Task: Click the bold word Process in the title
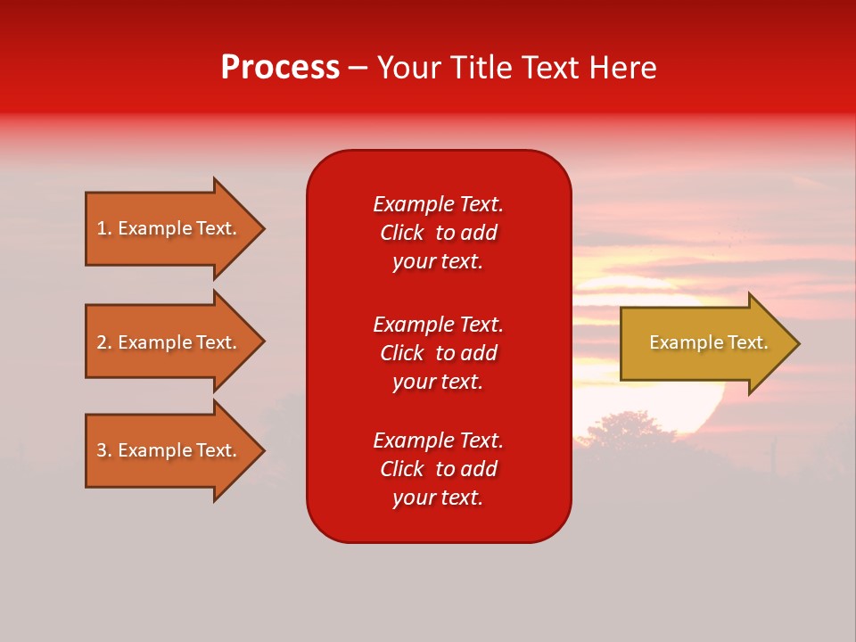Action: point(280,68)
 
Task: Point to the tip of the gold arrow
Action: point(795,343)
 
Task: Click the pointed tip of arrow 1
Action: point(261,228)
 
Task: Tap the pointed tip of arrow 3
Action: point(261,450)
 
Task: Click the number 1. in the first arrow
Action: point(104,228)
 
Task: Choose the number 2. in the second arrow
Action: point(104,342)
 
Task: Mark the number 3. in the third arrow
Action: point(104,450)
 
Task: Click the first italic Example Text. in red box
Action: point(438,204)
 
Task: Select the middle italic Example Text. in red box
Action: point(438,325)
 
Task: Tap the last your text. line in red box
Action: point(438,498)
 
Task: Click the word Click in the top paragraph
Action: point(402,233)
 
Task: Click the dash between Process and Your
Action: point(358,68)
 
